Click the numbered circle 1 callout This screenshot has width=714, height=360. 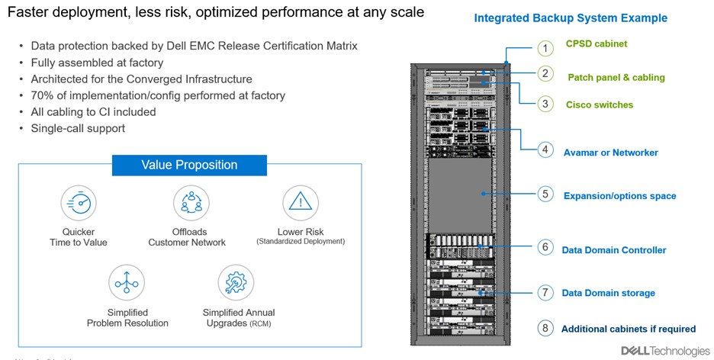pos(545,49)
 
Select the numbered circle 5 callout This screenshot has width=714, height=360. pos(545,194)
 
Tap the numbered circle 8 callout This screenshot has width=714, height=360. pos(545,329)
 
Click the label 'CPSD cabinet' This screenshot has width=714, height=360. pos(596,44)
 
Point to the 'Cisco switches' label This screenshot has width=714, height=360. pos(599,104)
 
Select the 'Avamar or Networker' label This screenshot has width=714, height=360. pos(610,153)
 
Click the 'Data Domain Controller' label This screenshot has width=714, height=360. pos(613,249)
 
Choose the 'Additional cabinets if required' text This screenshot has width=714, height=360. pos(628,329)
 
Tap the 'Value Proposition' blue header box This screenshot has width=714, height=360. pos(189,166)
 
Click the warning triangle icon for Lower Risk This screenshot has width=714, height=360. pos(300,203)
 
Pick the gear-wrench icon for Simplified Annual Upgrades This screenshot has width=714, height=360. pos(236,283)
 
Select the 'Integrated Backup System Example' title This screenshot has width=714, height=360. pos(570,18)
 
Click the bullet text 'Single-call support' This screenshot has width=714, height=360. pos(78,128)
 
